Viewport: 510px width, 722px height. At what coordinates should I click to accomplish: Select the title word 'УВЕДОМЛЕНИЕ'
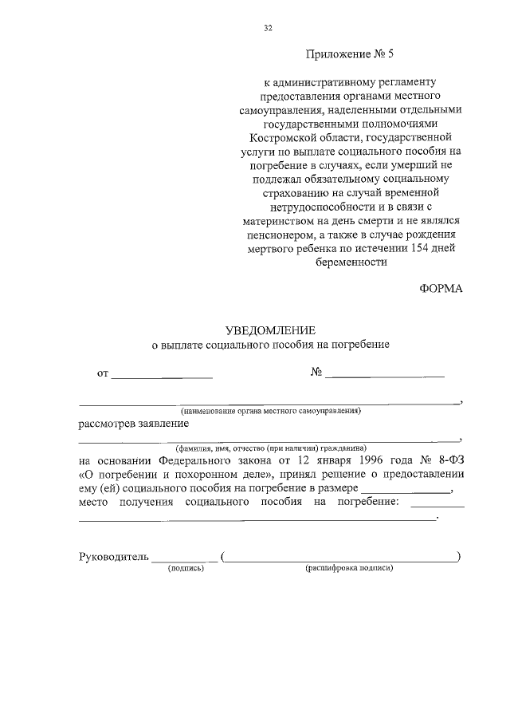coord(270,330)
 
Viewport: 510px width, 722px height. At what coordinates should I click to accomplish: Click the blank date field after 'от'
coord(162,373)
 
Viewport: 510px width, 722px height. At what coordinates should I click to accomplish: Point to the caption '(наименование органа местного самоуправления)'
coord(270,411)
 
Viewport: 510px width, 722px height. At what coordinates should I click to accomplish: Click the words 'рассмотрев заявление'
coord(132,424)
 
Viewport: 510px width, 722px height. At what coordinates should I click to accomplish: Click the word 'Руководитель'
coord(113,557)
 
